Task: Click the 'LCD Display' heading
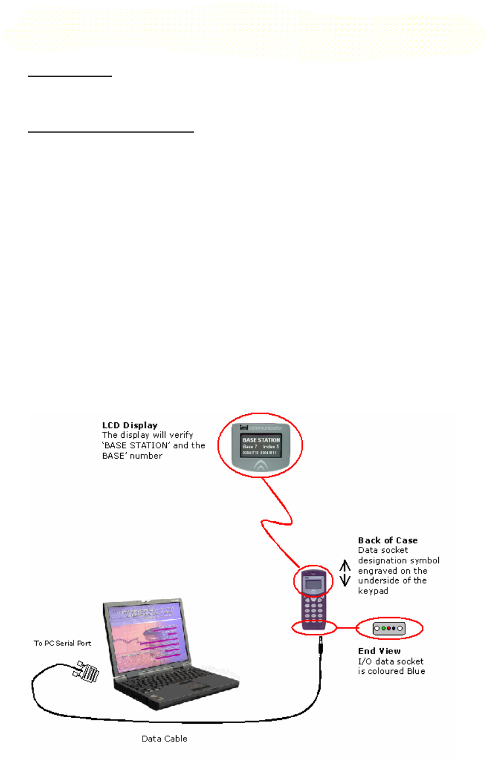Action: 129,425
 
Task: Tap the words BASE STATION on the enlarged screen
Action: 261,440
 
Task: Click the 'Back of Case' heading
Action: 388,540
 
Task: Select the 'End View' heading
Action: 379,651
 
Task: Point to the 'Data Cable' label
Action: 165,739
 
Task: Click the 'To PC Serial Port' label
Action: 63,643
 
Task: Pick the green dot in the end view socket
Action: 383,628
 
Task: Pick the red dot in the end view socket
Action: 388,628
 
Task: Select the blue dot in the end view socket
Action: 394,628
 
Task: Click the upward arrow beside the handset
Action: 345,566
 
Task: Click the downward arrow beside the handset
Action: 345,580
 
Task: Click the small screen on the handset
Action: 314,585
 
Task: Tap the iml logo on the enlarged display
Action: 244,427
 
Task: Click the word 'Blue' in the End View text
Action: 415,671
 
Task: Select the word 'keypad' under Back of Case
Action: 373,591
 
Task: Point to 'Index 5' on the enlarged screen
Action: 271,447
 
